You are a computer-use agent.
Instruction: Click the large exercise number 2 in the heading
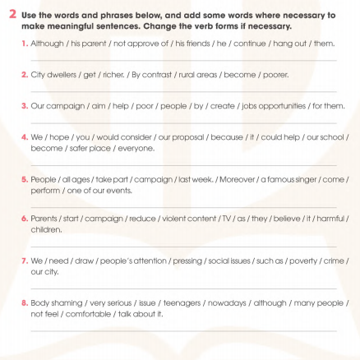[x=9, y=15]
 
